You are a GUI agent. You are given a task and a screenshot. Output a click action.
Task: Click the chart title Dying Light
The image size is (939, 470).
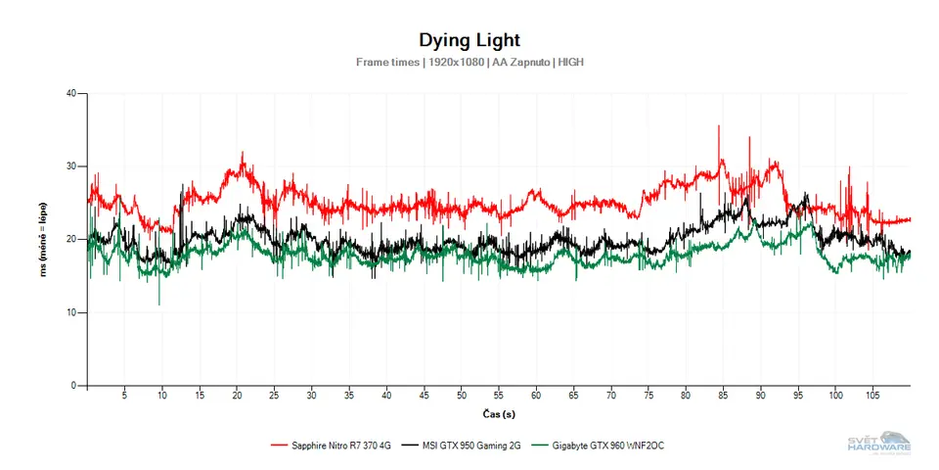point(469,40)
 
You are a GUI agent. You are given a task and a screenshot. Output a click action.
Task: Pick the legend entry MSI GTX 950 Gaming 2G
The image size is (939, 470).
point(469,446)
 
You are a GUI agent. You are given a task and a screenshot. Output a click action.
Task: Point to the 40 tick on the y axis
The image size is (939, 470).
point(70,94)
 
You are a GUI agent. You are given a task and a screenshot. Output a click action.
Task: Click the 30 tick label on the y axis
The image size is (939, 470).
point(70,166)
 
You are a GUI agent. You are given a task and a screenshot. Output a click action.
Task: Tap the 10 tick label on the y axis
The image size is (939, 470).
point(70,312)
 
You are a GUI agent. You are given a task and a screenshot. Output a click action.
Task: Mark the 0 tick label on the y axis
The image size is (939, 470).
point(73,386)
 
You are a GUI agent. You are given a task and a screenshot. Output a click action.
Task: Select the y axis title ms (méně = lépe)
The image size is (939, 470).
point(43,240)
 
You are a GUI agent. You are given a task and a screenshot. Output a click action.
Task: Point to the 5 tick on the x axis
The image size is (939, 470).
point(124,396)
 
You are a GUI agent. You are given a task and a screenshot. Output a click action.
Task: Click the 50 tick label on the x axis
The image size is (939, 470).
point(461,396)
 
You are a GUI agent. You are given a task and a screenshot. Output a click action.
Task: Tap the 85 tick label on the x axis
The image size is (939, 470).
point(723,396)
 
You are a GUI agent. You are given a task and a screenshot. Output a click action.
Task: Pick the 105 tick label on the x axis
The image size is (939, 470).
point(872,396)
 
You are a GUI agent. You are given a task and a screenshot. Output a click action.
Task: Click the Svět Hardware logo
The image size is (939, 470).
point(878,444)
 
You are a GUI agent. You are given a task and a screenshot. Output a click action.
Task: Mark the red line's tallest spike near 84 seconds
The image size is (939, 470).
point(719,126)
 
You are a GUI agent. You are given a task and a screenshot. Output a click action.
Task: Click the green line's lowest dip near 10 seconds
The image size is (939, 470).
point(159,304)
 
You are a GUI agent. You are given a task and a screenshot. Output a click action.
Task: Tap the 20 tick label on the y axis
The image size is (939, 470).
point(70,240)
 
